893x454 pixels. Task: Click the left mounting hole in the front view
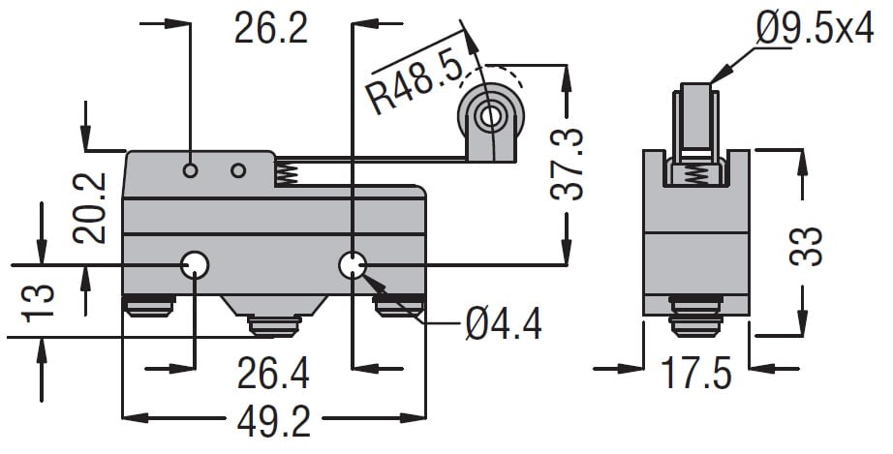click(x=195, y=264)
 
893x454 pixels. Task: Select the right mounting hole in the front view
click(x=353, y=264)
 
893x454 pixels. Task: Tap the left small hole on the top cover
click(x=191, y=171)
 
